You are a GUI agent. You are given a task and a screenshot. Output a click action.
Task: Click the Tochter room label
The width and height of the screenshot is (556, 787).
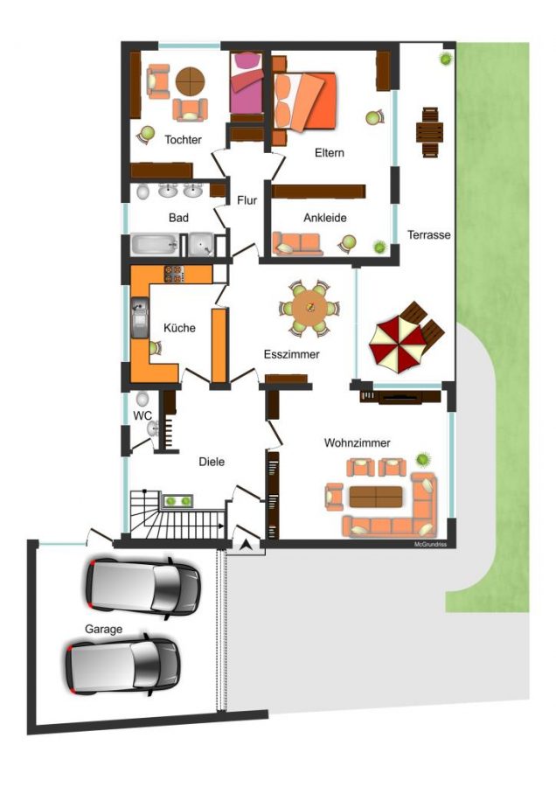(184, 140)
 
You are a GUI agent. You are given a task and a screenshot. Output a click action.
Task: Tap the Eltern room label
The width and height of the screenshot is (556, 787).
(330, 152)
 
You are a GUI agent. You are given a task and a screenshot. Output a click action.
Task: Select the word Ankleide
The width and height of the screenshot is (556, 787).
(325, 218)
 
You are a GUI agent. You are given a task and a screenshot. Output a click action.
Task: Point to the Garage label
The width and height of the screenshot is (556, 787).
(103, 630)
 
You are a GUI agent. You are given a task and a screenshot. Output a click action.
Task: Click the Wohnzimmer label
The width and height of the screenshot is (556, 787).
(358, 442)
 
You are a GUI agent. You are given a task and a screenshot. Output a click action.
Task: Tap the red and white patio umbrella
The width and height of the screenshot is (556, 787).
(398, 344)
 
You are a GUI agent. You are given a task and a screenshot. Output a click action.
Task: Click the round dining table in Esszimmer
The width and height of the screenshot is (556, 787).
(309, 308)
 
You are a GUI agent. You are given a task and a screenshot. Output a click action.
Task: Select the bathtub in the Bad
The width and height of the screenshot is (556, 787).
(155, 245)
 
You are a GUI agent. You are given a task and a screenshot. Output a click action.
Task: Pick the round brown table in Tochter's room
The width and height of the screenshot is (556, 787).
(191, 81)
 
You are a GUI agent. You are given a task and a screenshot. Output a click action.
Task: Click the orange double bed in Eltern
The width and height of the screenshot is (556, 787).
(304, 101)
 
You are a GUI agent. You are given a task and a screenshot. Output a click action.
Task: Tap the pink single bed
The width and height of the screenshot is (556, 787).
(247, 83)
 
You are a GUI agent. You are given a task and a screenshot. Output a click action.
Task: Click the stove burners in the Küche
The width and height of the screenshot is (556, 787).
(174, 274)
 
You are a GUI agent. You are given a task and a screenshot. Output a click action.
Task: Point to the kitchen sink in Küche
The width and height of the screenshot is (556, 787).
(140, 317)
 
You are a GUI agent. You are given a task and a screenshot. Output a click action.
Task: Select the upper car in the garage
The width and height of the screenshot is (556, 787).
(143, 585)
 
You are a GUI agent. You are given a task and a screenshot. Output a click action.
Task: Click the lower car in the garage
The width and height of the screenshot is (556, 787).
(123, 664)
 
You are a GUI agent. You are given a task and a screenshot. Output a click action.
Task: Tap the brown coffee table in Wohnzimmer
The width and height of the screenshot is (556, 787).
(376, 497)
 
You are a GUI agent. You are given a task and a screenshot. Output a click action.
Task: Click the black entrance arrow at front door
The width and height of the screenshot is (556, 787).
(246, 545)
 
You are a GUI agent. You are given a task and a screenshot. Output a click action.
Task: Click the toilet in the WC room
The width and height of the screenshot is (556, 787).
(142, 399)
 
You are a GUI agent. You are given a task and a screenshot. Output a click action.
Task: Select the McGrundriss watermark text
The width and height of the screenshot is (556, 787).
(430, 545)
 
